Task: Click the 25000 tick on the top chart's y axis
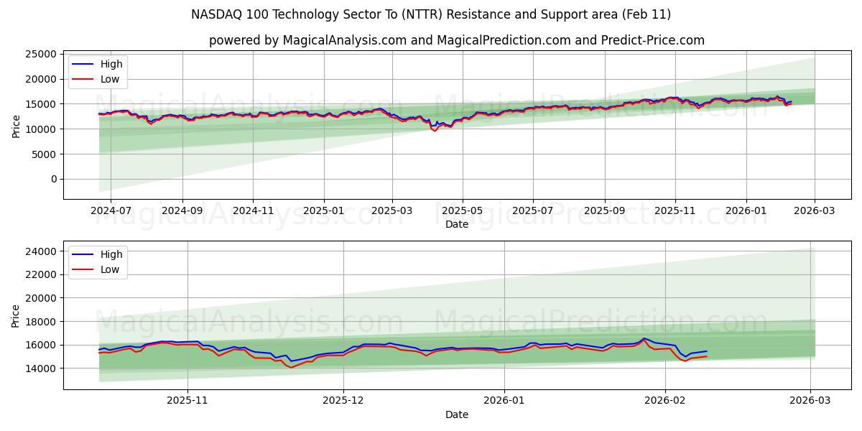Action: click(40, 54)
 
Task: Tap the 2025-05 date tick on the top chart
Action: click(462, 210)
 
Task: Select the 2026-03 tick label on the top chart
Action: click(814, 210)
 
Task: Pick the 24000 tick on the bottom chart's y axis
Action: click(40, 251)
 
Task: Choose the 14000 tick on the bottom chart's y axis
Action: click(40, 369)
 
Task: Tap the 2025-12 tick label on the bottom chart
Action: click(343, 401)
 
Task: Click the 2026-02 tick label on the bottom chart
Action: click(665, 401)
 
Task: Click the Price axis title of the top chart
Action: click(16, 126)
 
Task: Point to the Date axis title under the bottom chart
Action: click(457, 414)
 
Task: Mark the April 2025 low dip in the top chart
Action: click(434, 131)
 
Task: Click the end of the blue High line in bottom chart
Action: click(707, 351)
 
